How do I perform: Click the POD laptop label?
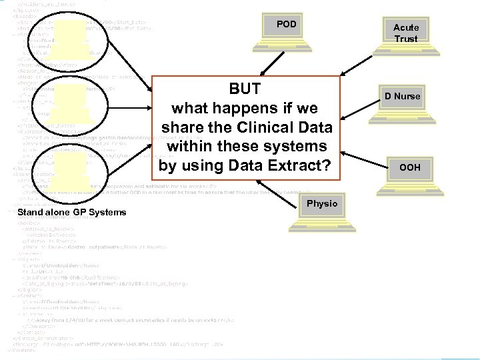[x=287, y=25]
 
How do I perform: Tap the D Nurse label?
[x=402, y=97]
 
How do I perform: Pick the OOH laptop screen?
[x=409, y=167]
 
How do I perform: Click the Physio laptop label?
[x=322, y=203]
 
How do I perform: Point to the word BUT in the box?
[x=245, y=89]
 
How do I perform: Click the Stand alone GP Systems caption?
[x=72, y=213]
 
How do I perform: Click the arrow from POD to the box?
[x=266, y=64]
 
